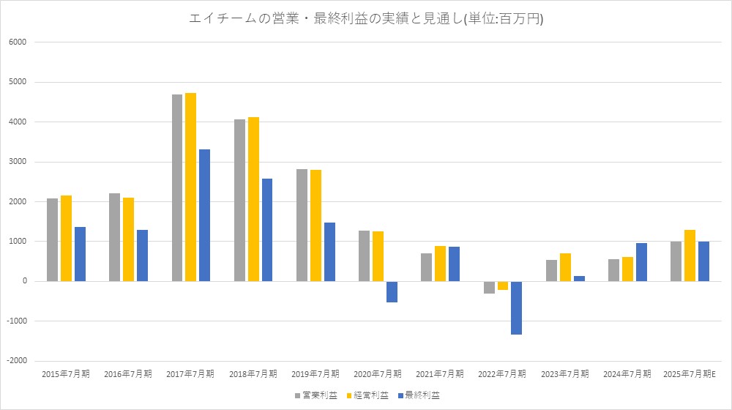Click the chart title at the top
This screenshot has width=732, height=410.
366,19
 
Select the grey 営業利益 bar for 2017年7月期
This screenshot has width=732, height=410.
177,187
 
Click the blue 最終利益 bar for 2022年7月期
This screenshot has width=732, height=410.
516,307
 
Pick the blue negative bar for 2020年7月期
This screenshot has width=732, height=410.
392,291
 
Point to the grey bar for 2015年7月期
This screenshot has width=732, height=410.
52,239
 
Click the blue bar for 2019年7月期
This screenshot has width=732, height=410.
329,252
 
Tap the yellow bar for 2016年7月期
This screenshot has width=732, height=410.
128,239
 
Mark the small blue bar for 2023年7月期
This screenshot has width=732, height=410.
579,278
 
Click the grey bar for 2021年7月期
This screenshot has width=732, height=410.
426,267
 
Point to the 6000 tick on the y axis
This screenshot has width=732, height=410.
18,42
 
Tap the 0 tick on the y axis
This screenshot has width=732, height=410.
24,281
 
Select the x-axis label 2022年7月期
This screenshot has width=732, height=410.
501,374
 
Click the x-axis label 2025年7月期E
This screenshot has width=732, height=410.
690,374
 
